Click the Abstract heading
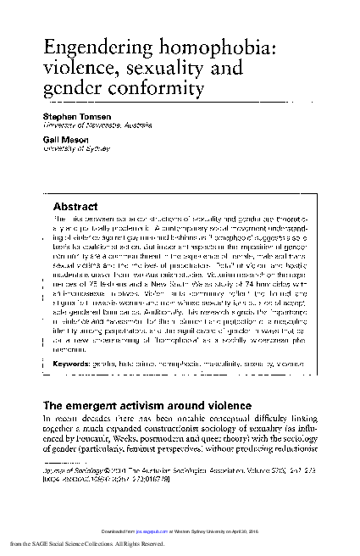click(x=75, y=206)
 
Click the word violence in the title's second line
click(x=75, y=65)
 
